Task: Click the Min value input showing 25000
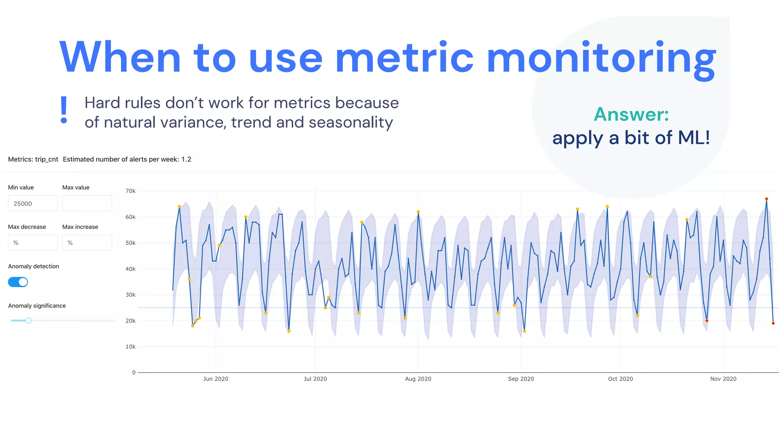pos(33,203)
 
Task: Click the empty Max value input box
pos(87,203)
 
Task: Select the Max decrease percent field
pos(33,243)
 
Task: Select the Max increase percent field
pos(87,243)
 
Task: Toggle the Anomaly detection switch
pos(18,282)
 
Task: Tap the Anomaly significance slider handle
pos(29,321)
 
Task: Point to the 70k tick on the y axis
pos(130,191)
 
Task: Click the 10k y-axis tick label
pos(130,347)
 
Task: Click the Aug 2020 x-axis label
pos(418,379)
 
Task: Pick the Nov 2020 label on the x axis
pos(723,379)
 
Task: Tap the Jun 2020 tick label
pos(216,379)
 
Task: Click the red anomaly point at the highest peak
pos(766,199)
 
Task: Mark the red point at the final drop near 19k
pos(773,324)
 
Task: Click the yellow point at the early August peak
pos(418,212)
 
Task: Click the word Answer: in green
pos(631,114)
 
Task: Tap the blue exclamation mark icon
pos(64,110)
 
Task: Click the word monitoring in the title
pos(601,58)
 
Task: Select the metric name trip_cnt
pos(46,159)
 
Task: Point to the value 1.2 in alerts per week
pos(186,159)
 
